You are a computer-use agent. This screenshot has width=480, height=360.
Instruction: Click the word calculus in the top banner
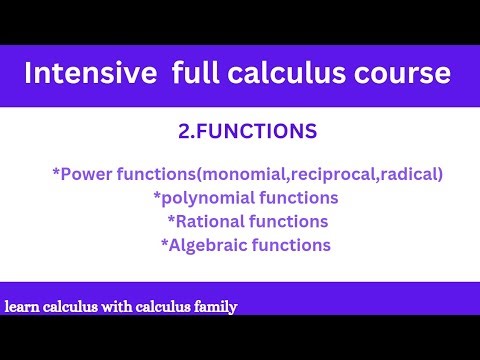coord(292,75)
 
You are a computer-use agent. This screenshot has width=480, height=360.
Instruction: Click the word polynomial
coord(193,197)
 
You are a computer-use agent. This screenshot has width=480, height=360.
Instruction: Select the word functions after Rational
coord(289,220)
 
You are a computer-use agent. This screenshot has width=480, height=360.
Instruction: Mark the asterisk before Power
coord(55,172)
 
